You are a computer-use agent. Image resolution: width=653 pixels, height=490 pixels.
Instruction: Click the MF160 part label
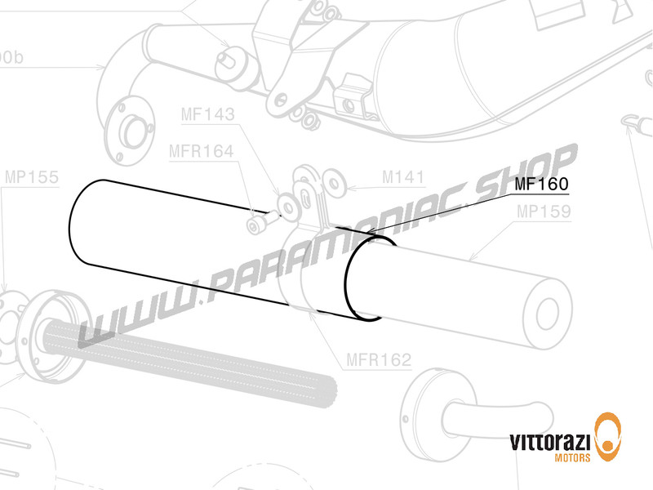540,185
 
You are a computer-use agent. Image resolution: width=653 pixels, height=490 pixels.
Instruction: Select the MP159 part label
542,212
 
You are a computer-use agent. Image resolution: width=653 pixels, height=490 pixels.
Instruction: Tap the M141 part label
402,176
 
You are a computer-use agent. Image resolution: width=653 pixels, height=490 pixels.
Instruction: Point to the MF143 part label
207,115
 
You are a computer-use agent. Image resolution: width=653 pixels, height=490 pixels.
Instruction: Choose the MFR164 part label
201,151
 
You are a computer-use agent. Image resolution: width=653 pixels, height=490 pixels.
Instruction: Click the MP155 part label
31,176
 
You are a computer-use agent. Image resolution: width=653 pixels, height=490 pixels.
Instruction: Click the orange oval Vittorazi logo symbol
607,435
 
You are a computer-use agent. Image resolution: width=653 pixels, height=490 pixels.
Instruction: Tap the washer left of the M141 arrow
332,180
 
